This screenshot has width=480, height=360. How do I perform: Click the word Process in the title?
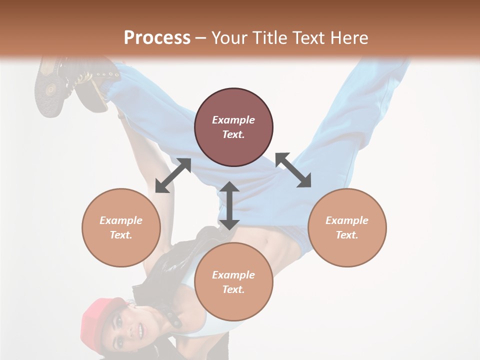(157, 37)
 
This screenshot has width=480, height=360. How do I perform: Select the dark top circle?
(233, 127)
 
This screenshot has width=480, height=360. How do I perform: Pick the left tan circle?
(121, 227)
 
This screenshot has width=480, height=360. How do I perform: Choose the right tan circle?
(347, 227)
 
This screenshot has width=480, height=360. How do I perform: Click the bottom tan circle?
(233, 282)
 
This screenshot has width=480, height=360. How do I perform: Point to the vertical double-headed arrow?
(229, 206)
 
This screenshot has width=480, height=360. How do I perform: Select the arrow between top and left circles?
(173, 175)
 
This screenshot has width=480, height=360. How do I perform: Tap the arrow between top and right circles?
(293, 170)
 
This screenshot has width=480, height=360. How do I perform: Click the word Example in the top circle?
(233, 120)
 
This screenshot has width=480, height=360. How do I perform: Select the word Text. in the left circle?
(121, 235)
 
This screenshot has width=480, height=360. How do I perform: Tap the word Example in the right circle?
(347, 220)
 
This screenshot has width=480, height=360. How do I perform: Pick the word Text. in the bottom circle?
(233, 289)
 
